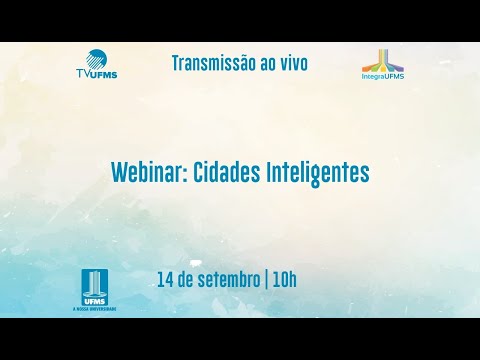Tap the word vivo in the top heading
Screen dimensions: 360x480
pos(290,64)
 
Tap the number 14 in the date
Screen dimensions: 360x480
pos(165,279)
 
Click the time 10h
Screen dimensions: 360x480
pos(284,279)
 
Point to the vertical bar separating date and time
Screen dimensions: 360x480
pos(266,279)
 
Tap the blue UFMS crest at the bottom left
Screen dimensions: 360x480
pos(94,286)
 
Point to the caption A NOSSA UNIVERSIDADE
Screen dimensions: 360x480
pos(94,309)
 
